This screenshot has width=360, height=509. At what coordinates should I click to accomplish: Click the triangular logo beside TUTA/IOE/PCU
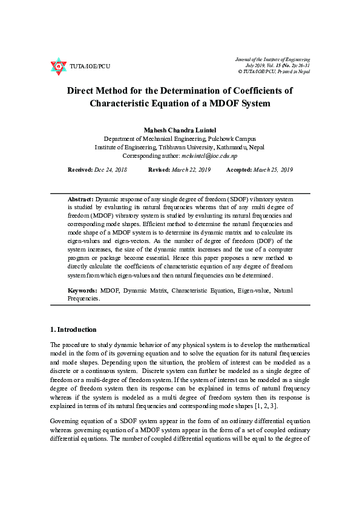click(x=58, y=66)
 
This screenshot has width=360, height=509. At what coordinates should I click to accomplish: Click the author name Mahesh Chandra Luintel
click(x=180, y=130)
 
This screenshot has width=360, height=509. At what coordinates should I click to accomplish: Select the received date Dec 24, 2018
click(x=110, y=170)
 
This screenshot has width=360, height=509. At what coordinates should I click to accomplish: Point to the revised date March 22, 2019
click(x=191, y=170)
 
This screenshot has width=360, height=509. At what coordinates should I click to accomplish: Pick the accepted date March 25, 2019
click(x=273, y=170)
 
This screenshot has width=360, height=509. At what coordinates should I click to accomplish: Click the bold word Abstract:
click(x=80, y=199)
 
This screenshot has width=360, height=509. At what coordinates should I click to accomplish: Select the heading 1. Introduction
click(x=73, y=329)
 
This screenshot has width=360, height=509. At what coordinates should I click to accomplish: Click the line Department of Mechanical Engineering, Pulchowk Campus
click(x=180, y=138)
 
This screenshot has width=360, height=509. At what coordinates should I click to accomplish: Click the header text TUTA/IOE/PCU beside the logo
click(x=90, y=66)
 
